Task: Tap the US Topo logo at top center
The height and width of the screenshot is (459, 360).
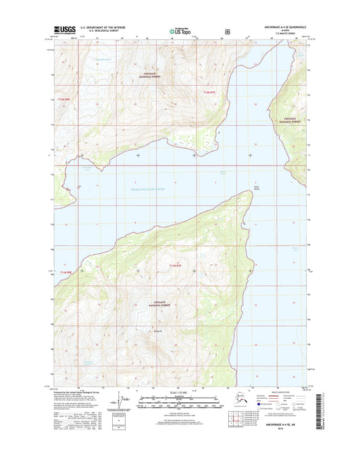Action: [178, 30]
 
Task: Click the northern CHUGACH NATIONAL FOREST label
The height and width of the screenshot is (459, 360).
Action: [153, 74]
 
